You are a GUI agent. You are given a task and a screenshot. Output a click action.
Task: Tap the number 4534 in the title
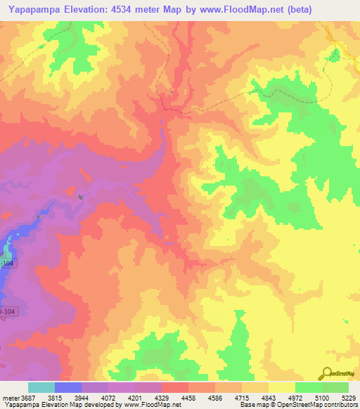tap(125, 9)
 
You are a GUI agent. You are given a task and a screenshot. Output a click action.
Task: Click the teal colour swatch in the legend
tap(41, 387)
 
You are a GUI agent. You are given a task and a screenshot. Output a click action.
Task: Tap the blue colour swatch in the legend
tap(68, 387)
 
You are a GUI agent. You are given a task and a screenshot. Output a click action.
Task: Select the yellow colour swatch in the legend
tap(282, 387)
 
